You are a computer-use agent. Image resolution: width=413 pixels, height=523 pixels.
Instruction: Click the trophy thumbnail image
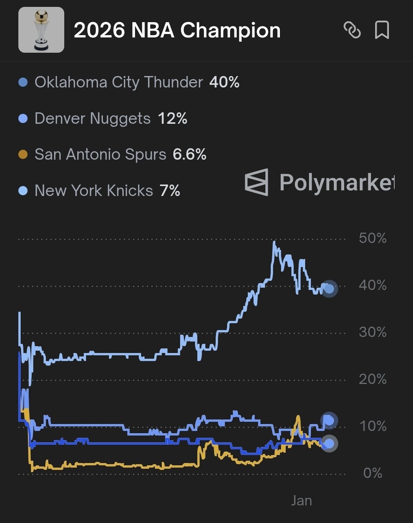click(x=41, y=30)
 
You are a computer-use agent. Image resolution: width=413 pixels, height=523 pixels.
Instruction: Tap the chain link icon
click(x=352, y=30)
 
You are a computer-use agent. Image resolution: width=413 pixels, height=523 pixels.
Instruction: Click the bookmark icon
click(x=382, y=30)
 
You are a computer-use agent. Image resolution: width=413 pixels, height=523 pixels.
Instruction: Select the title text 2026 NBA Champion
click(x=177, y=30)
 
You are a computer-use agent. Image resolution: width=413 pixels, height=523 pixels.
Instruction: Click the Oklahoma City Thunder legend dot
click(x=23, y=82)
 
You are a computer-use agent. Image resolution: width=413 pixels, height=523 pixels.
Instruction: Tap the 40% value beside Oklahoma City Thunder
click(x=224, y=82)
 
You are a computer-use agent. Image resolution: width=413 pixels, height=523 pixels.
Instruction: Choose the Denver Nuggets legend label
click(x=93, y=118)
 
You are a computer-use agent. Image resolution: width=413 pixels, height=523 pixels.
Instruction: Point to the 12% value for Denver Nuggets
click(x=172, y=118)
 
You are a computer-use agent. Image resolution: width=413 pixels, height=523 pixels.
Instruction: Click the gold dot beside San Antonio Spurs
click(x=23, y=154)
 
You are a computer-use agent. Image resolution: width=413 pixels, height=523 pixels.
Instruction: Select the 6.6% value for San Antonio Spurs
click(x=190, y=154)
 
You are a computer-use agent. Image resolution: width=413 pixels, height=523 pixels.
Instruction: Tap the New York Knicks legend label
click(x=94, y=191)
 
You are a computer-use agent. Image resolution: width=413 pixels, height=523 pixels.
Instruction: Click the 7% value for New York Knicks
click(x=170, y=191)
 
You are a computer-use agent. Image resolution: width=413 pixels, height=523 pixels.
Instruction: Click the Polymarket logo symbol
click(x=257, y=182)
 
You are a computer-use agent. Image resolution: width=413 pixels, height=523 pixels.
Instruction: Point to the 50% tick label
click(x=372, y=238)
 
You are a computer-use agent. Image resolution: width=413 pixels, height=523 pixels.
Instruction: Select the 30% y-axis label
click(x=372, y=332)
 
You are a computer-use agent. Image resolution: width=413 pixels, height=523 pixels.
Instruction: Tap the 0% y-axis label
click(x=372, y=473)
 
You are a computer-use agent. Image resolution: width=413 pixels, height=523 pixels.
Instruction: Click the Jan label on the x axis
click(x=301, y=500)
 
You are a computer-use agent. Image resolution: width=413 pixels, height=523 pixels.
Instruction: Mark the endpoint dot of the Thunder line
click(x=329, y=289)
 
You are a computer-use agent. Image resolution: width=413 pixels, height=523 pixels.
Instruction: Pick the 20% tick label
click(x=372, y=379)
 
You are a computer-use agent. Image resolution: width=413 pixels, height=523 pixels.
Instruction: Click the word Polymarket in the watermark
click(x=337, y=182)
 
